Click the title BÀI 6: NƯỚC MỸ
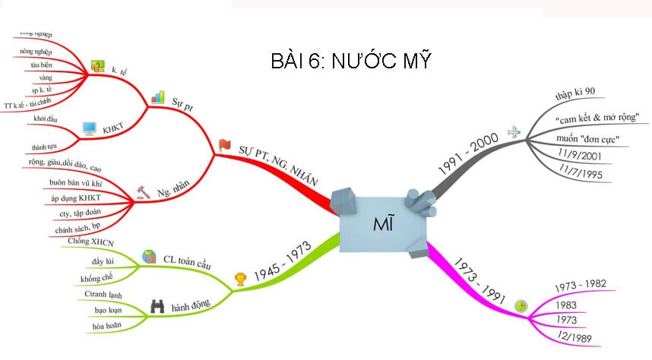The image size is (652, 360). (x=351, y=61)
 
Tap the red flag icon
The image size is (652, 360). (x=224, y=144)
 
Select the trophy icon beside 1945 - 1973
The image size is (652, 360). (x=241, y=279)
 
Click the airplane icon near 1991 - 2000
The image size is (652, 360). (x=515, y=131)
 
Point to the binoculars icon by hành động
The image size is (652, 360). (x=157, y=307)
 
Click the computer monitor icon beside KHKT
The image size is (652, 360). (x=90, y=129)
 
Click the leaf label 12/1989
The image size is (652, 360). (x=574, y=337)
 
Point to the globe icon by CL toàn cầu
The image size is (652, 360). (x=149, y=257)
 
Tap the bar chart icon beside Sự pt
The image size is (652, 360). (x=157, y=97)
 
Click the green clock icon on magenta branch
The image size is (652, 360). (x=521, y=305)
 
